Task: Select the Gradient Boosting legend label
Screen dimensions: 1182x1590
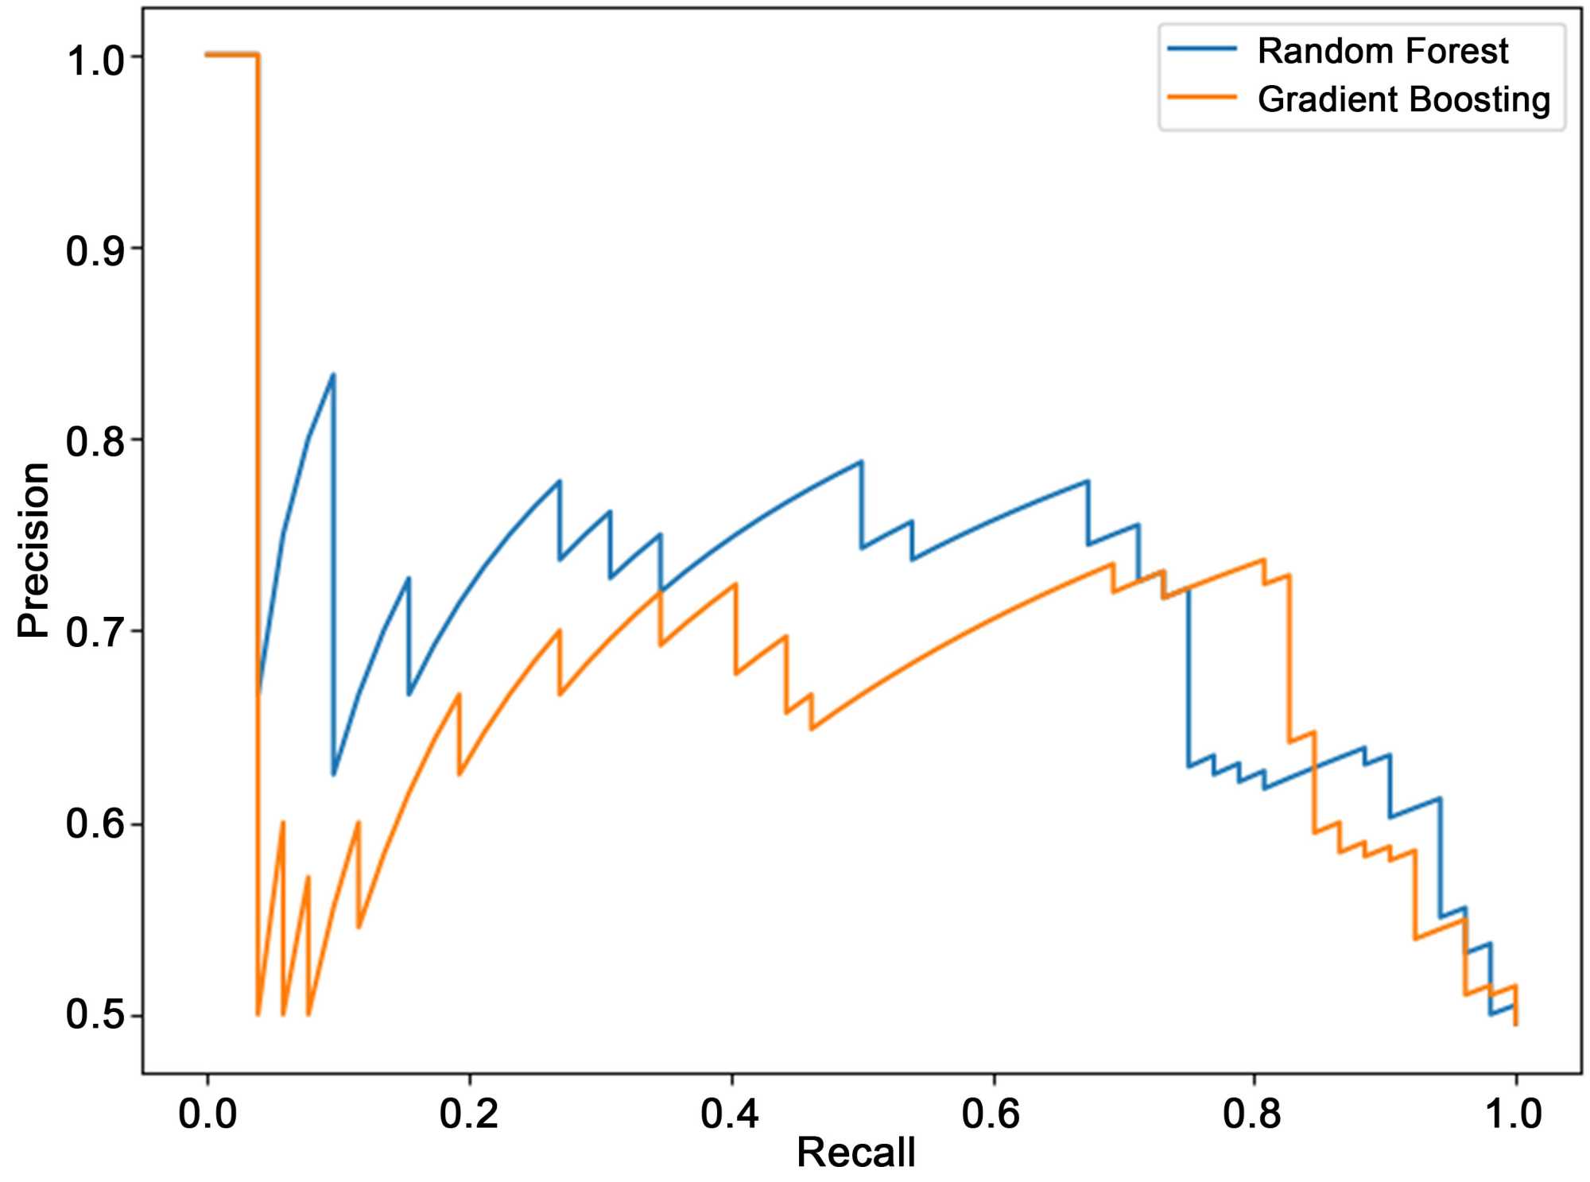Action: (x=1403, y=99)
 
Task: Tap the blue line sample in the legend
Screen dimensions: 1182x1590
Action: (x=1202, y=49)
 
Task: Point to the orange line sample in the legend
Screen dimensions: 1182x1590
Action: (x=1202, y=98)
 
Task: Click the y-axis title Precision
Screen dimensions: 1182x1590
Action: (x=33, y=549)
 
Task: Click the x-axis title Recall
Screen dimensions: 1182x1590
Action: (x=855, y=1152)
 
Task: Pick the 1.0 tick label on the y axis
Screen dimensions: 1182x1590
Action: (x=95, y=60)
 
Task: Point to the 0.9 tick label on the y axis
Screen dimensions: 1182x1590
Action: (x=95, y=251)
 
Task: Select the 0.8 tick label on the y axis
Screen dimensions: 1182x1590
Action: (x=95, y=442)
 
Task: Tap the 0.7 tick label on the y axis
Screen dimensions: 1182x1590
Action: (x=95, y=634)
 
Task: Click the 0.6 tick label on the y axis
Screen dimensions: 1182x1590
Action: (x=95, y=824)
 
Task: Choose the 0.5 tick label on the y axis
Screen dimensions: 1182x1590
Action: (x=95, y=1015)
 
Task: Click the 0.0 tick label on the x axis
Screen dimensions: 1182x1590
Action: (x=207, y=1114)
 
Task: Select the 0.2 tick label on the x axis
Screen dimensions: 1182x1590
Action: (x=469, y=1114)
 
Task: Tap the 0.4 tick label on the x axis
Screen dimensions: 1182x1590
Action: (x=731, y=1114)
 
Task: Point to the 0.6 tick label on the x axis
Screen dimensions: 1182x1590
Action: (x=992, y=1114)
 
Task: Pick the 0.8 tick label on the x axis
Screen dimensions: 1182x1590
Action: (x=1253, y=1114)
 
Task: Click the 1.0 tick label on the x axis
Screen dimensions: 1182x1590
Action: (x=1514, y=1114)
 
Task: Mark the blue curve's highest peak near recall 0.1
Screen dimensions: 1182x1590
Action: (x=333, y=374)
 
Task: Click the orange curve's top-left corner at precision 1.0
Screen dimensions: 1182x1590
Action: (x=207, y=54)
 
